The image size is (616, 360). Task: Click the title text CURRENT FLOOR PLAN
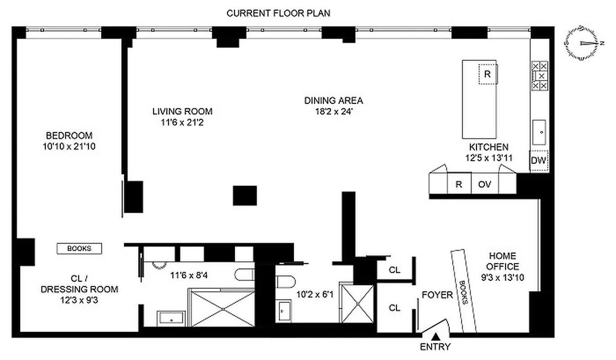[278, 13]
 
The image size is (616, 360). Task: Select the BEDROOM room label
[69, 135]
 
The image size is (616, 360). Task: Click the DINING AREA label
[333, 100]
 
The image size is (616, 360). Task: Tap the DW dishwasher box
[539, 160]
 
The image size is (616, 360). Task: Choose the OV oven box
[485, 184]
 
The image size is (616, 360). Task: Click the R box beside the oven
[459, 184]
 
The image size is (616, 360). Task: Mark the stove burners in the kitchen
[540, 76]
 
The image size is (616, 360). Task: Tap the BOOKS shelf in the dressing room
[79, 248]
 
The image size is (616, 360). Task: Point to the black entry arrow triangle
[435, 336]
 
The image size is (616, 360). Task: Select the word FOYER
[437, 295]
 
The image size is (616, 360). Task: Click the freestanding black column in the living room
[245, 195]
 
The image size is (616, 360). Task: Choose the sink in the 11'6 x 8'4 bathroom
[170, 317]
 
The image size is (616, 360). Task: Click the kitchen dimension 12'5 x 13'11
[489, 157]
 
